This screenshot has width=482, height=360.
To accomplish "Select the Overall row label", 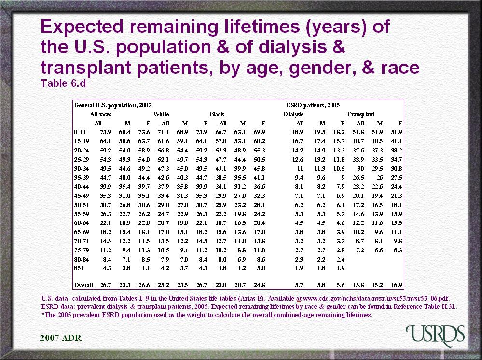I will (83, 285).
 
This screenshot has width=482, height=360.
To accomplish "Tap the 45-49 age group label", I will (82, 194).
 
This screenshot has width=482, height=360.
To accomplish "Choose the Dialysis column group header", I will (294, 114).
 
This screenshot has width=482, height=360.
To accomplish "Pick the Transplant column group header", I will (360, 114).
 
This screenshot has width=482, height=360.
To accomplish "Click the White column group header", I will (161, 114).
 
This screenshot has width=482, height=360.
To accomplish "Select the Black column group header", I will (217, 114).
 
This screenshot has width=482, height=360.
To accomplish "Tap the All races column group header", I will (101, 114).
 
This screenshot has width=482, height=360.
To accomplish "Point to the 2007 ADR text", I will (60, 337).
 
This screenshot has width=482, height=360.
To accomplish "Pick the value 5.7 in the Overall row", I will (299, 285).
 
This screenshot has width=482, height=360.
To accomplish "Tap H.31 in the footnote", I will (449, 306).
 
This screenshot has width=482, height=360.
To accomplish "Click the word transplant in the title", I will (93, 67).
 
